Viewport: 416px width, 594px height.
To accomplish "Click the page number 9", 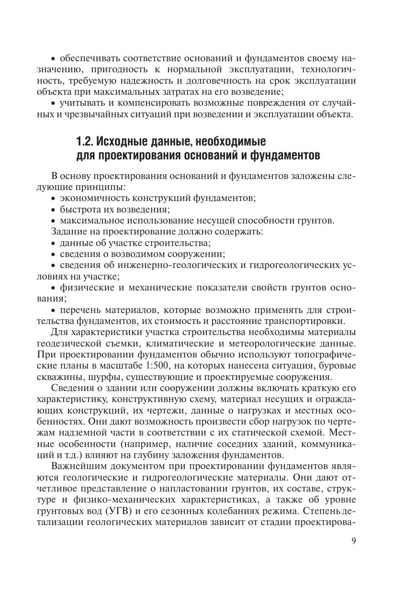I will click(354, 541).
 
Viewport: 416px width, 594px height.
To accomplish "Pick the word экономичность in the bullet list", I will click(89, 197).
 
